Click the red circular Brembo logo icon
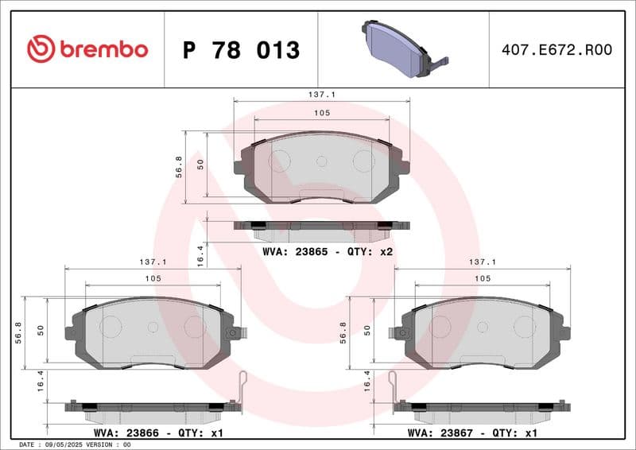41,49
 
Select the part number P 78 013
241,50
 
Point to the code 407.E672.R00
556,50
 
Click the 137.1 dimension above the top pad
321,94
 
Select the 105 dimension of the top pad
321,114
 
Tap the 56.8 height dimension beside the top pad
180,166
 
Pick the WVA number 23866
144,433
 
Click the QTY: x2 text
374,251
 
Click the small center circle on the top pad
321,161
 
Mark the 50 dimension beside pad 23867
367,328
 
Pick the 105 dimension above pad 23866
153,278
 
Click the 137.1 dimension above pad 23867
483,262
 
